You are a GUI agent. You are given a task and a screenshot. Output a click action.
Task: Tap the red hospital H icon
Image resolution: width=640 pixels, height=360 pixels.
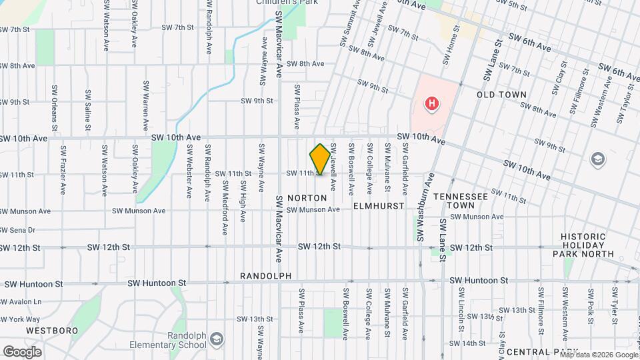432,104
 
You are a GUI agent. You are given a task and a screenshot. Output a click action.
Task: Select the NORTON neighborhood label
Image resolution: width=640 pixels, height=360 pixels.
307,198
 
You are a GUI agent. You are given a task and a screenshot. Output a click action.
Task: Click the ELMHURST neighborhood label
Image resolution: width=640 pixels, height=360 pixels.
379,206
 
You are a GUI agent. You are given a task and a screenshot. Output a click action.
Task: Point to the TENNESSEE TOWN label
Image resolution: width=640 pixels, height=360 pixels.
460,201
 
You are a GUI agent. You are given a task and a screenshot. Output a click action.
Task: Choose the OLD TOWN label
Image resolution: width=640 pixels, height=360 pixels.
501,95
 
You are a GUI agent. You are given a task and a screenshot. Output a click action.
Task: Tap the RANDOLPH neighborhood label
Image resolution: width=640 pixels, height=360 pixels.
266,276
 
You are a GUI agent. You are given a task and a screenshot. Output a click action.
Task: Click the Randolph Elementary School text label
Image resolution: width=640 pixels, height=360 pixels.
174,340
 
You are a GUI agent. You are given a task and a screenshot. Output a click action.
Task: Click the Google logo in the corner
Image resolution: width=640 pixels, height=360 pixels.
22,351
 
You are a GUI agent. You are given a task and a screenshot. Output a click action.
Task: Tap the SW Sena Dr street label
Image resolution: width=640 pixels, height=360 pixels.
18,230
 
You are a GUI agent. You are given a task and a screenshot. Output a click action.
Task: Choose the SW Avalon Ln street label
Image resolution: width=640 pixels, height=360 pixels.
21,301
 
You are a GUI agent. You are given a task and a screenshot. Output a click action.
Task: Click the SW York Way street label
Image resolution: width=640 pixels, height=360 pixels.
20,319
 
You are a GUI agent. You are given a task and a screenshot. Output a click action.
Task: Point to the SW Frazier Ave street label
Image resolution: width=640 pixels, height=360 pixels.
63,170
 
